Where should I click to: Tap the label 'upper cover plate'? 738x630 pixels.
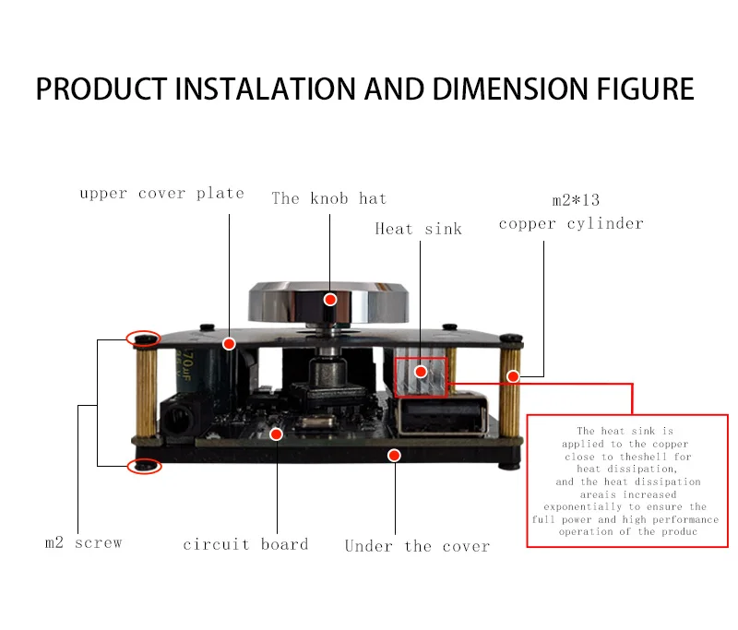pos(161,194)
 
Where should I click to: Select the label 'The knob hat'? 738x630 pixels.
pos(328,198)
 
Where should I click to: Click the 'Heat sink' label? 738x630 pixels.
pos(418,228)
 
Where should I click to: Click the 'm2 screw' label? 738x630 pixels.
pos(83,542)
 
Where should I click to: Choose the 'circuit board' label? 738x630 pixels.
pos(245,544)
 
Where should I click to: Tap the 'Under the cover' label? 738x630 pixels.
pos(417,546)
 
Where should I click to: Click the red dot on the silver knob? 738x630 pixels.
pos(330,299)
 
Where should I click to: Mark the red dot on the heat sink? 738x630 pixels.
pos(421,372)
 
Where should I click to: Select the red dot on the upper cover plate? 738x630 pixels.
pos(230,343)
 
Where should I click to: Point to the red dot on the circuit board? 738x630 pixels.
pos(276,433)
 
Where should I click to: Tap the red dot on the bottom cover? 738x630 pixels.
pos(394,455)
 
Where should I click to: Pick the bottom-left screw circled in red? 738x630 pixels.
pos(143,466)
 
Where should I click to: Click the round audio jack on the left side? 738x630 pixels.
pos(173,420)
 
